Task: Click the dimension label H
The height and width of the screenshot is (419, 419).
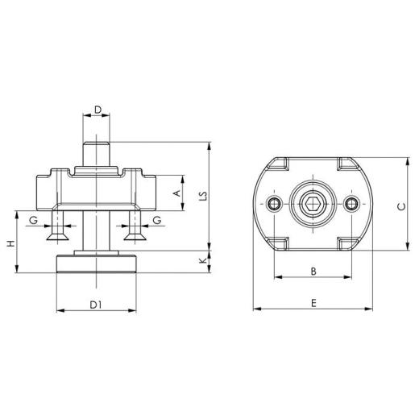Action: [10, 243]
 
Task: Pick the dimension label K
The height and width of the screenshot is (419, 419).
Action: [205, 260]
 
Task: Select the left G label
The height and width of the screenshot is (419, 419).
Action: [34, 219]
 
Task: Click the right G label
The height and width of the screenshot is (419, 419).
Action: [156, 219]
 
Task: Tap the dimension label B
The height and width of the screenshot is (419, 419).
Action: [313, 271]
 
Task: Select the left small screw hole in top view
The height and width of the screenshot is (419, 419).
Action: [276, 204]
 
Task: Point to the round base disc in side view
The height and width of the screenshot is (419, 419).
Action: [97, 264]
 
